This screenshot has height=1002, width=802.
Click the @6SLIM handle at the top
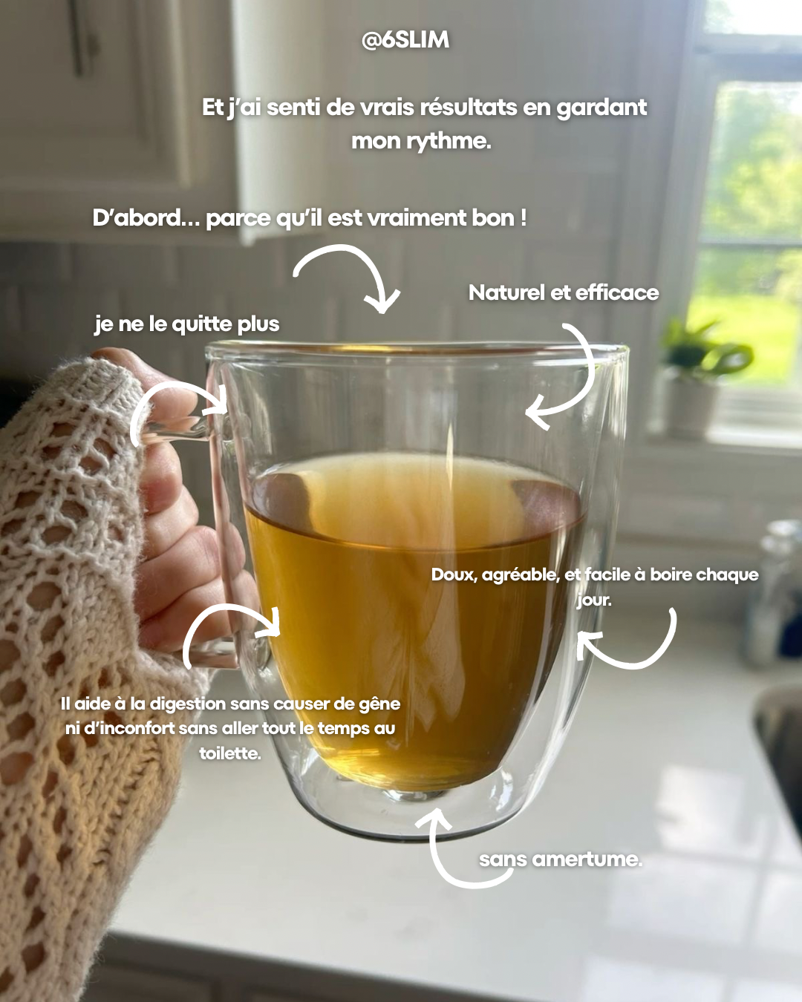(x=405, y=40)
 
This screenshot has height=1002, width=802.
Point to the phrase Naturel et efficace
(x=564, y=293)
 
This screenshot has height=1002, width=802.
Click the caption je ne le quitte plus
(x=187, y=324)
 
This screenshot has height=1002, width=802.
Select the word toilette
(x=230, y=753)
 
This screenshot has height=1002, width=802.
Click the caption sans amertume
(x=560, y=859)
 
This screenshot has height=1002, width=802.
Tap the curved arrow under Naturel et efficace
(x=566, y=379)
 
